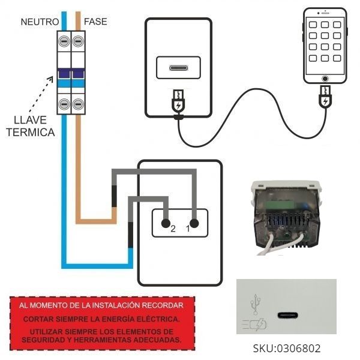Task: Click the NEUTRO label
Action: coord(40,22)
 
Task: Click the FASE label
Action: coord(96,22)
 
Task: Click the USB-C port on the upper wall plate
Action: coord(179,67)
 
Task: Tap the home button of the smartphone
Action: coord(325,79)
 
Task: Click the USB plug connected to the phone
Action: coord(325,98)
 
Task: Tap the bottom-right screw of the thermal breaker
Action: coord(78,104)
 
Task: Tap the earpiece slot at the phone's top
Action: coord(325,14)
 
